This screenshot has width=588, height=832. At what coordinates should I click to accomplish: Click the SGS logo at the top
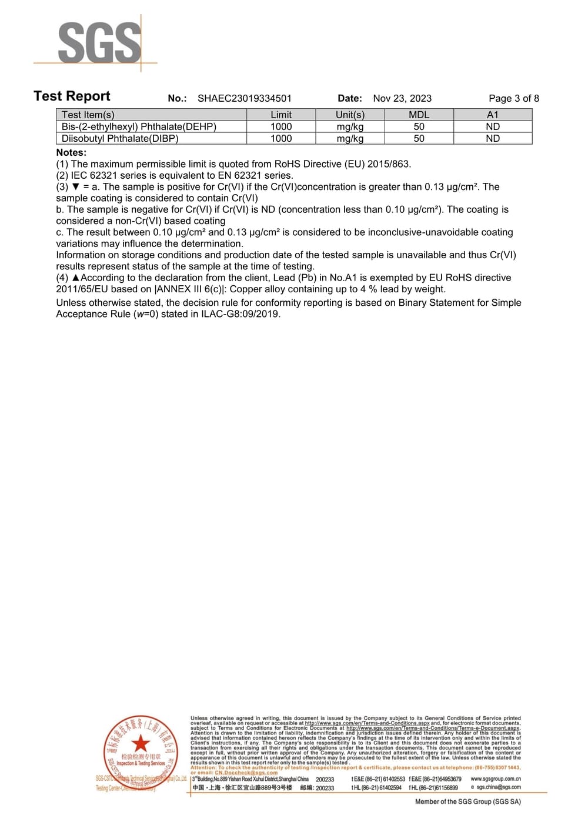(99, 42)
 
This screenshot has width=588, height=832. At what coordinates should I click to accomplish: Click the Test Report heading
(72, 96)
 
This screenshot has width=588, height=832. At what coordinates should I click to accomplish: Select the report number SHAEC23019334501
(244, 98)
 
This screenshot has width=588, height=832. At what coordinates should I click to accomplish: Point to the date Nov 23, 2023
(402, 98)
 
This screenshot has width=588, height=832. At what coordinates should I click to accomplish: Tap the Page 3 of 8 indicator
(513, 98)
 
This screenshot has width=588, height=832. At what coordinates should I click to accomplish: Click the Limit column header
(281, 115)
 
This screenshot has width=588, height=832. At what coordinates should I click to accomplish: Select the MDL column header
(419, 115)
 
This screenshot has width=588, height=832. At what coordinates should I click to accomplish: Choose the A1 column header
(493, 115)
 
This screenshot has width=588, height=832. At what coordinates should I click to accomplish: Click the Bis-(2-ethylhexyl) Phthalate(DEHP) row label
(139, 126)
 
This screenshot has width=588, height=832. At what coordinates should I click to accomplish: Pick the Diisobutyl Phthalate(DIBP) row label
(120, 138)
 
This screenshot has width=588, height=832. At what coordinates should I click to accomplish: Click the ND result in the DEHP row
(493, 126)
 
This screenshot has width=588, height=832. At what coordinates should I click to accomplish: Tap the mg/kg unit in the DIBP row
(350, 138)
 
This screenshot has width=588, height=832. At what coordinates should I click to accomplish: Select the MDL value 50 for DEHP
(419, 126)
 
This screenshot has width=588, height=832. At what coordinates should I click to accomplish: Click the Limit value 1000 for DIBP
(281, 138)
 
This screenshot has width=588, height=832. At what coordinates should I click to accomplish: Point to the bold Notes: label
(71, 152)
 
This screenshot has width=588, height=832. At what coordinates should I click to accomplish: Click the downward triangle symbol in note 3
(75, 187)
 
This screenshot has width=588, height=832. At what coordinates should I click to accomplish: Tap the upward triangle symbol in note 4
(75, 278)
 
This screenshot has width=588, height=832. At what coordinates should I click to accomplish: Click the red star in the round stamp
(140, 743)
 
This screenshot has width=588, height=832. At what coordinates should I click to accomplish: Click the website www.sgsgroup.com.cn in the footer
(495, 778)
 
